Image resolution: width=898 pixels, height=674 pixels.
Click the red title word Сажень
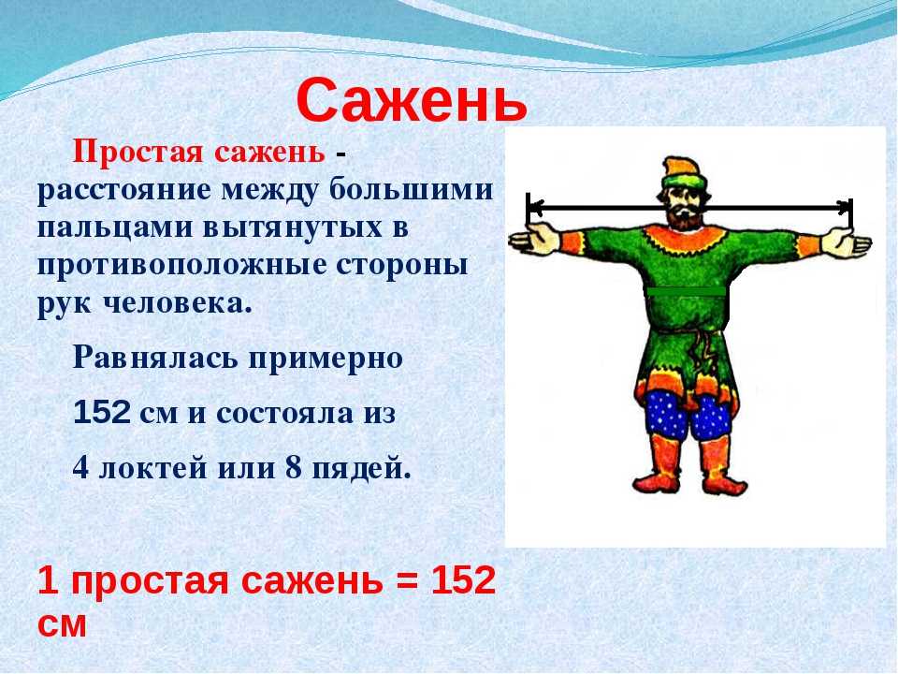(x=412, y=102)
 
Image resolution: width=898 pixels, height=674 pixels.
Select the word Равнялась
(x=155, y=359)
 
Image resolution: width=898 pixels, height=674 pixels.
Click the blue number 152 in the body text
(x=102, y=412)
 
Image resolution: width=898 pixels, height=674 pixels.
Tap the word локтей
(x=152, y=468)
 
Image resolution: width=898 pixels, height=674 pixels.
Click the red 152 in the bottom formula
(x=463, y=580)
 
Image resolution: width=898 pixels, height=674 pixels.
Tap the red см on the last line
(x=62, y=624)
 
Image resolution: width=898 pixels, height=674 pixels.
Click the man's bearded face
(x=685, y=207)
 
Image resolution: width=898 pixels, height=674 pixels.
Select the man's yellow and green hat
(x=685, y=172)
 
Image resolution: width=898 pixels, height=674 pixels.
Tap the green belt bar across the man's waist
(x=687, y=291)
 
